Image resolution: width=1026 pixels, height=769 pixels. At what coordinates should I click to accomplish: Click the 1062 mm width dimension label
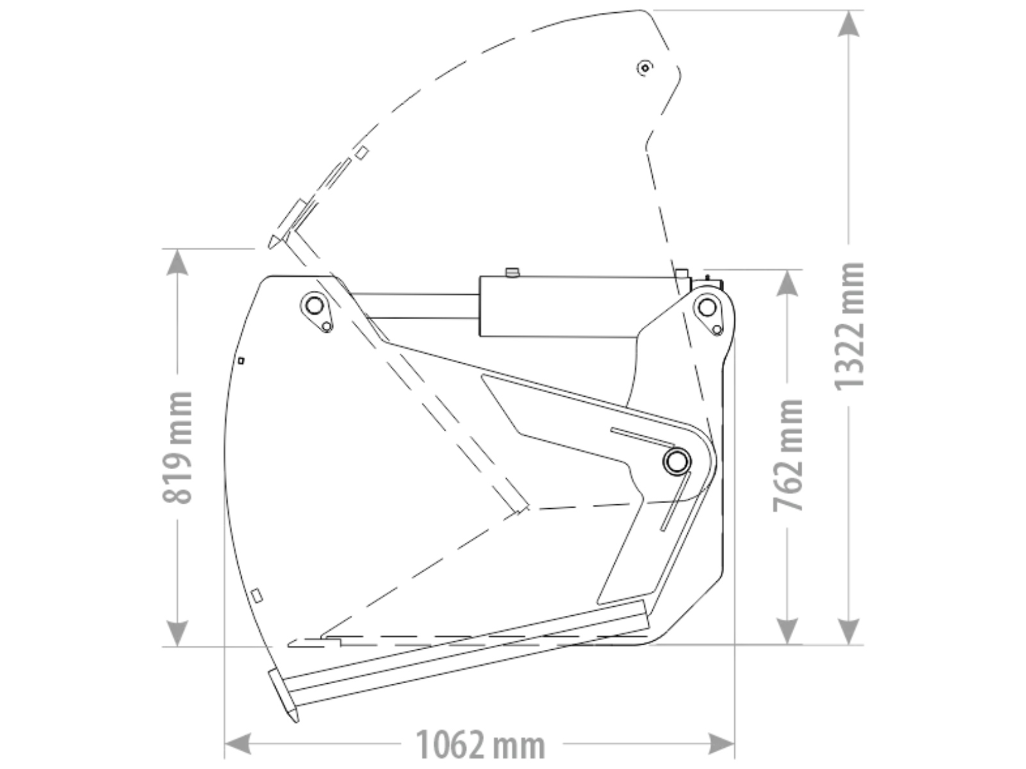point(480,745)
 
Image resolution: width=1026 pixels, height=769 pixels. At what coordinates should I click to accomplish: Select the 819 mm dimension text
point(178,448)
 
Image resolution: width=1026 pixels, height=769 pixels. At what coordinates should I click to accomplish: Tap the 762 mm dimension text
point(788,456)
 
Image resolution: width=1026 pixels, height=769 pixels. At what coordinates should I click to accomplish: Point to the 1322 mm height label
point(849,326)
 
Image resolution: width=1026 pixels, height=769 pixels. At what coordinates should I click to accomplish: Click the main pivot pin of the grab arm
point(677,461)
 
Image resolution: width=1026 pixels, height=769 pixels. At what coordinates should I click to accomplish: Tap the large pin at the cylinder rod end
point(314,306)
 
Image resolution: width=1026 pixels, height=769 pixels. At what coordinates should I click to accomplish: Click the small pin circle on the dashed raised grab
point(645,68)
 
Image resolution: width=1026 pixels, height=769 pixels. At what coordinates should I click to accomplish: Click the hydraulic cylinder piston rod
point(416,306)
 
